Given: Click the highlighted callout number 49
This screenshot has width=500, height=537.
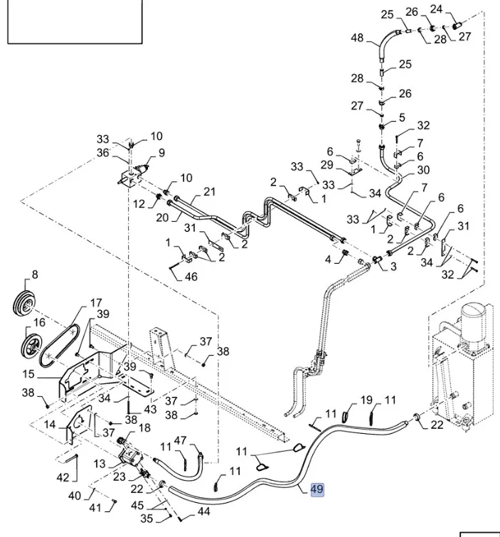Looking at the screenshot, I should [x=317, y=489].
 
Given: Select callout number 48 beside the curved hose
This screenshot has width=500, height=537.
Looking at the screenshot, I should [x=357, y=38].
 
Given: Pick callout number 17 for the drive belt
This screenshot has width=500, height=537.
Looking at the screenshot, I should [x=96, y=302].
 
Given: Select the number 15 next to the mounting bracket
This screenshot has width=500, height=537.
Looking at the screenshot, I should [x=28, y=374].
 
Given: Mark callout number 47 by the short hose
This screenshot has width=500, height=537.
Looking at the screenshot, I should [x=181, y=441].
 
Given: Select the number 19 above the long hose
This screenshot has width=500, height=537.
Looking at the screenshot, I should [x=366, y=400].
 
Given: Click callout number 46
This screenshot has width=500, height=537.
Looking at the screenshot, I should [x=191, y=277].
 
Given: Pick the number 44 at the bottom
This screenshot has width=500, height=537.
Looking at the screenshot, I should [x=204, y=511].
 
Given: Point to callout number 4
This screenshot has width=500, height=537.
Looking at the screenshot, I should [x=329, y=260].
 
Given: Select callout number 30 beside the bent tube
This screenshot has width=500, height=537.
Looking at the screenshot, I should [x=423, y=170].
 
